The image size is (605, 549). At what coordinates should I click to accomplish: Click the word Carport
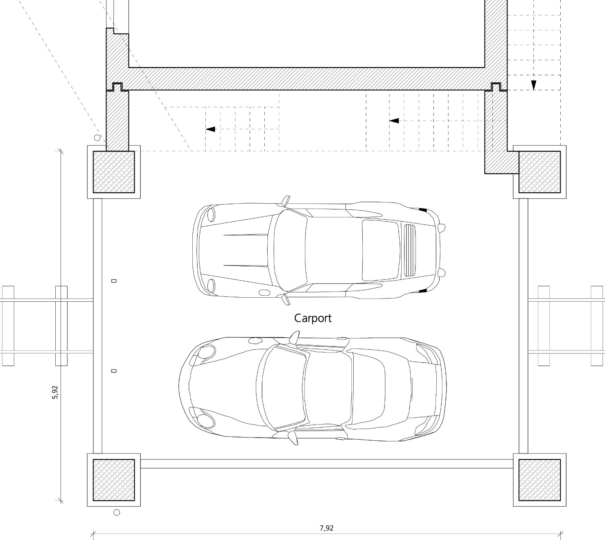(313, 318)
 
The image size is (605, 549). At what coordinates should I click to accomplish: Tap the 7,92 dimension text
(326, 528)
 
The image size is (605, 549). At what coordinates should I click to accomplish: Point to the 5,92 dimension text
(55, 392)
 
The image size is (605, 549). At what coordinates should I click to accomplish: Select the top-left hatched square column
(114, 172)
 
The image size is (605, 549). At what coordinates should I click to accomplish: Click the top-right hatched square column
(540, 172)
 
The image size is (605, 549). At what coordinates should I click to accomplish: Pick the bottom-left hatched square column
(114, 480)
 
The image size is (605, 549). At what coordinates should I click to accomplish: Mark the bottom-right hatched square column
(540, 480)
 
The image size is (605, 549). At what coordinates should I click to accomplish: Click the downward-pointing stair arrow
(533, 85)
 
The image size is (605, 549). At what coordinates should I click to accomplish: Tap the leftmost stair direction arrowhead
(210, 129)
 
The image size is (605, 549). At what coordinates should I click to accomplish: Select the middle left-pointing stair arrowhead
(394, 121)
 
